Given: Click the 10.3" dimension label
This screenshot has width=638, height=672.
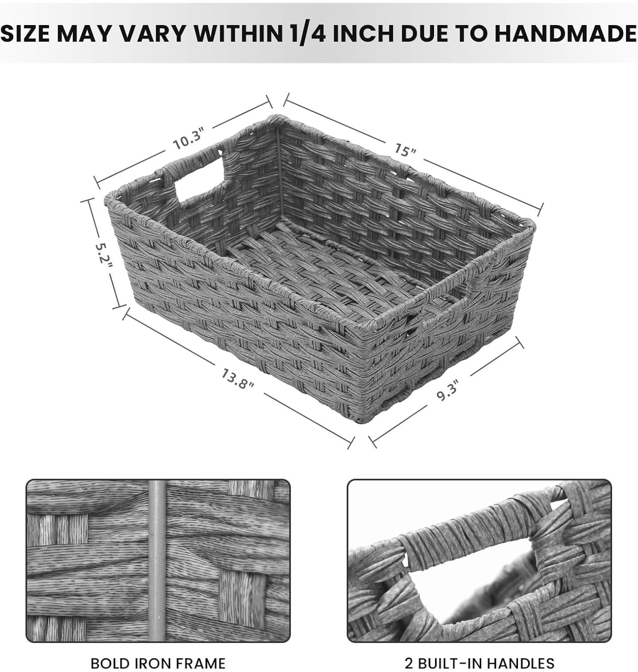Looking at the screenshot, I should (189, 139).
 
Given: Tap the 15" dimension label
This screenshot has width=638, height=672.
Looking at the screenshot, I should (405, 150).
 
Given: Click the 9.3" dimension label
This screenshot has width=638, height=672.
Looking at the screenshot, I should (448, 390).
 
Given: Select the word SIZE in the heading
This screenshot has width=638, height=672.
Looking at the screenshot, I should (25, 34).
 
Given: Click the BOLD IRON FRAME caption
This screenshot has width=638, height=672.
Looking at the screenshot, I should (158, 663).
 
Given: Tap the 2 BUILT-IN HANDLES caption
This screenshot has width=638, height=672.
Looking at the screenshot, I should (479, 663).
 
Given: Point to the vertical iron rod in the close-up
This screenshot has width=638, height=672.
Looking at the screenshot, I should (157, 560).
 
